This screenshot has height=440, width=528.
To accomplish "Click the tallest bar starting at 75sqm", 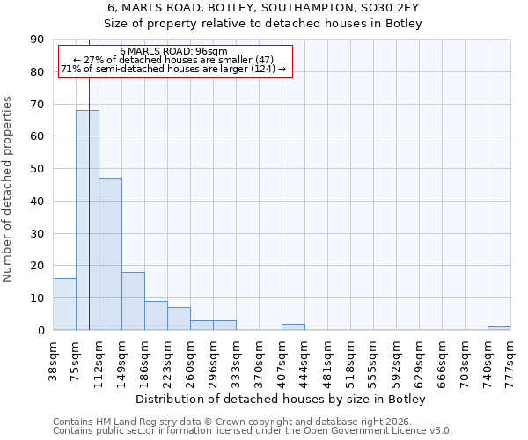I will coord(87,220).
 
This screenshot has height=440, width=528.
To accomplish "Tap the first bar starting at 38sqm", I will coord(64,304).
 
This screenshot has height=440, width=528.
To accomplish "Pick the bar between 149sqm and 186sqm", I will coord(133,301).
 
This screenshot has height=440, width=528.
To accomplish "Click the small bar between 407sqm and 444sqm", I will coord(293,326).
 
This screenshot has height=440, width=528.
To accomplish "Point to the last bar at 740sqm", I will coord(499,328).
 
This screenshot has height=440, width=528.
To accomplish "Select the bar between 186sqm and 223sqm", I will coord(156,315).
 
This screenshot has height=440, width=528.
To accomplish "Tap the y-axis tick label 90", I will coord(38,40).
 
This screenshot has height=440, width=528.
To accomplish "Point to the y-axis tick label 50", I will coord(38,169).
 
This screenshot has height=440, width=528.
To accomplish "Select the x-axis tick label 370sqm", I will coord(259,357).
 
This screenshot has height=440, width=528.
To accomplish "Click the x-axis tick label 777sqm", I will coord(510,357).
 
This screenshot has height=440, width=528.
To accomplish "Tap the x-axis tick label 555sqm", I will coord(373,357).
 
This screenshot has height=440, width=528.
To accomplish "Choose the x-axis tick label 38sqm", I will coord(53,357).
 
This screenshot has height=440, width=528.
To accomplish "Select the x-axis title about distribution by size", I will coord(281,400).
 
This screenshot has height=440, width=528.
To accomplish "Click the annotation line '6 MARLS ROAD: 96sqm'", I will coord(173,51).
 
